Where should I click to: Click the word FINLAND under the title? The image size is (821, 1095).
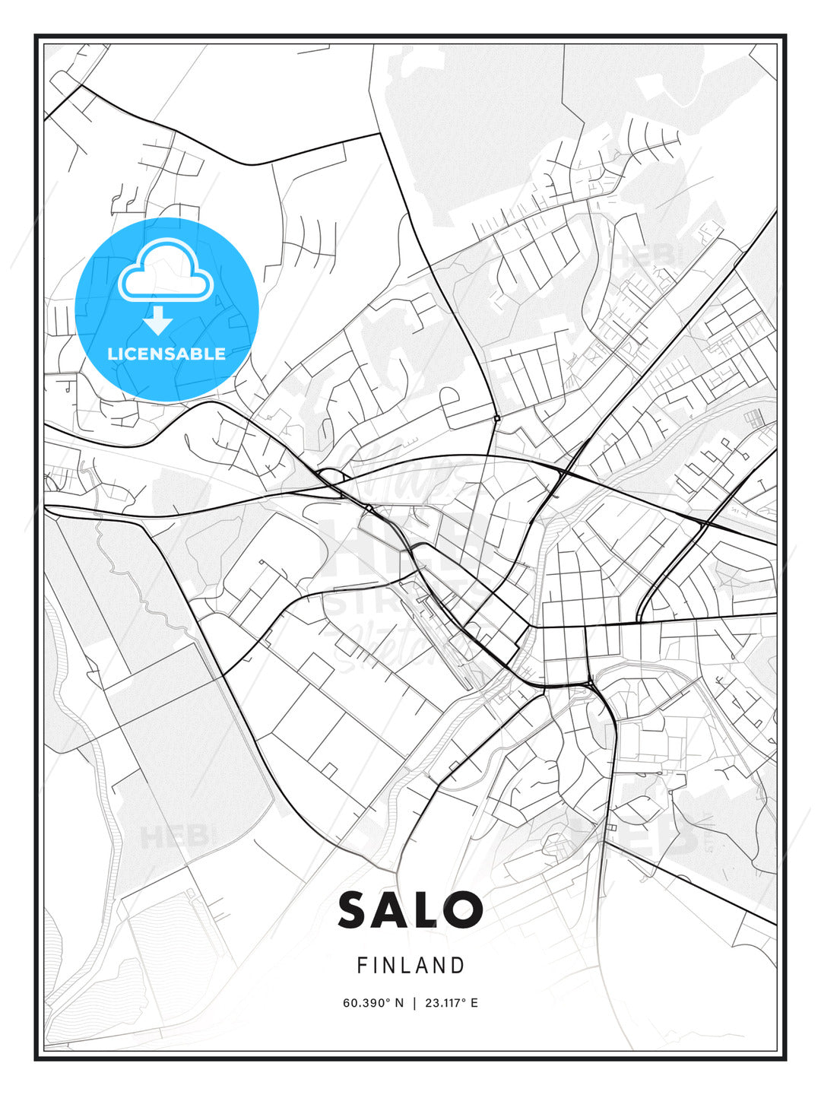(410, 966)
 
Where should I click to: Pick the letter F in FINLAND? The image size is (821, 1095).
(362, 966)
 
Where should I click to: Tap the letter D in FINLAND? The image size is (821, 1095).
(458, 966)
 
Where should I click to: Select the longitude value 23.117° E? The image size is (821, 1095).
(452, 1003)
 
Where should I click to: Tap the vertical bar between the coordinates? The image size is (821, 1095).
(414, 1003)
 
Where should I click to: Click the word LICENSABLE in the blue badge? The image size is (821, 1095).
(166, 354)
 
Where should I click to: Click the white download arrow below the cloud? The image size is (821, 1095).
(157, 321)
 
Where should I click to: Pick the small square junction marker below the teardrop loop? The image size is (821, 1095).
(496, 418)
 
